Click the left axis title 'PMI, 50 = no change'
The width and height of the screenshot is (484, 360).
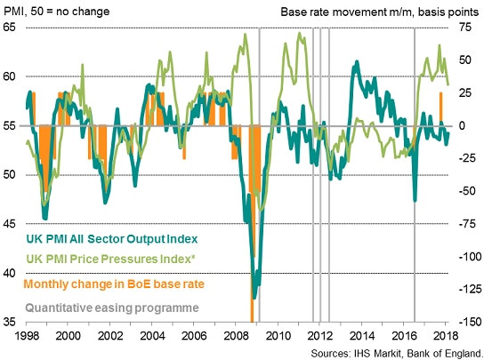pyautogui.click(x=56, y=10)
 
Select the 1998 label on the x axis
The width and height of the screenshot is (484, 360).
pyautogui.click(x=28, y=338)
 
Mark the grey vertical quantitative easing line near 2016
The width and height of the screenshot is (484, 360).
pyautogui.click(x=415, y=178)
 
